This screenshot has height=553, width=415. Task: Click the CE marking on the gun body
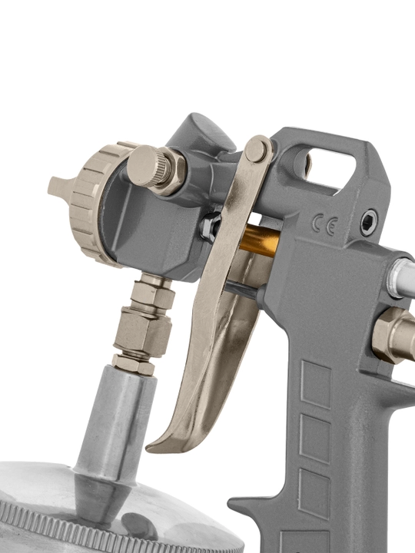(x=325, y=225)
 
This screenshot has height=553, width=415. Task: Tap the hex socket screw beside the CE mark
(x=369, y=223)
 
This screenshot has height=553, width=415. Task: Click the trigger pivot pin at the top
(x=256, y=150)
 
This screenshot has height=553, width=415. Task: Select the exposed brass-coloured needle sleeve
(x=261, y=241)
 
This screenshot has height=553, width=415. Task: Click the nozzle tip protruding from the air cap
(x=60, y=187)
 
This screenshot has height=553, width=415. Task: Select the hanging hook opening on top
(x=330, y=169)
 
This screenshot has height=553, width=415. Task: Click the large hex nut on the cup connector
(x=143, y=332)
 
